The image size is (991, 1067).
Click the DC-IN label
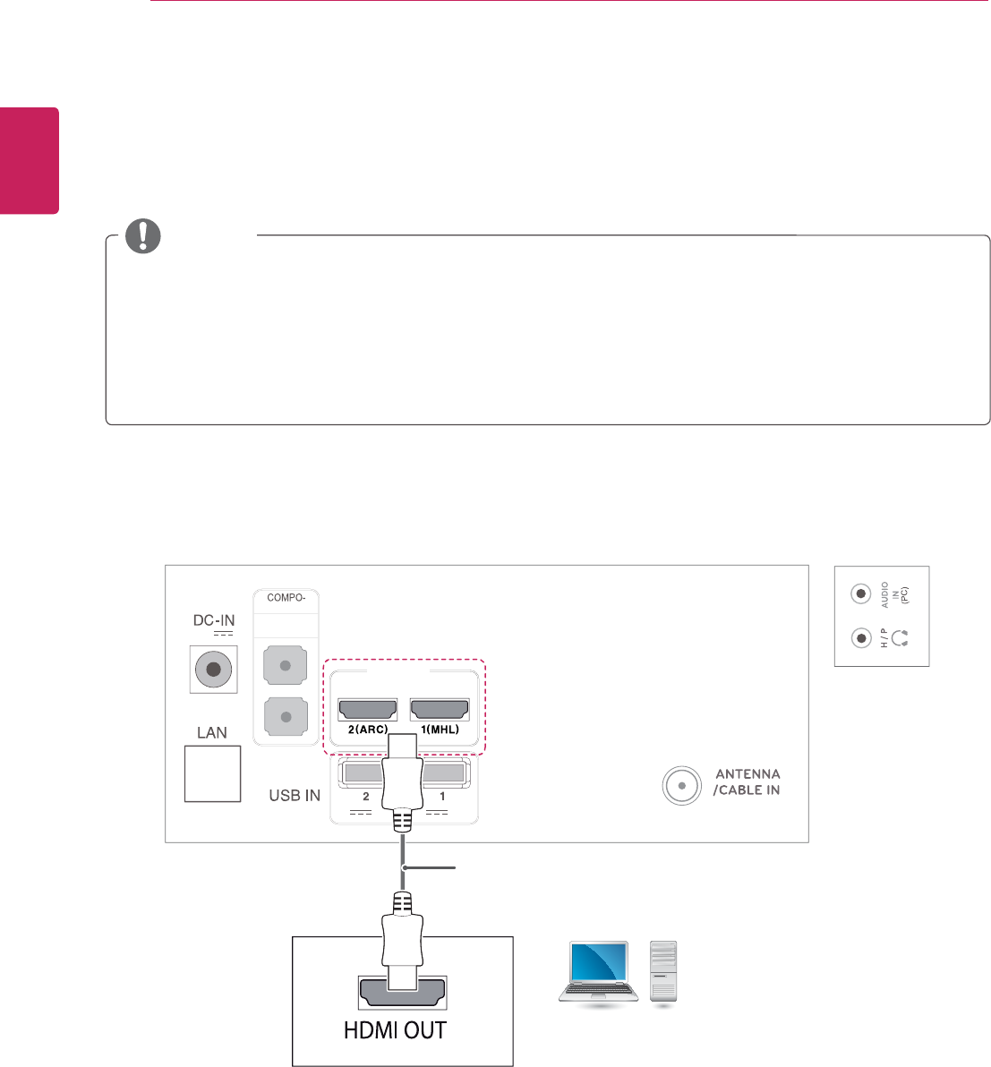tap(214, 620)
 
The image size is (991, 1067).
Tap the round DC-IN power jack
tap(213, 669)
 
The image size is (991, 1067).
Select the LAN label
tap(212, 732)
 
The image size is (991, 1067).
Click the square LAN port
tap(212, 774)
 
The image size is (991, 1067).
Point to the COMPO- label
tap(286, 598)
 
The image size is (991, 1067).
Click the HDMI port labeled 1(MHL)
tap(440, 709)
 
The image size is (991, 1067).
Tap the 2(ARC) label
tap(367, 730)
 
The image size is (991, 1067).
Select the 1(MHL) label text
tap(440, 730)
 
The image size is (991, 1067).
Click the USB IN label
tap(295, 795)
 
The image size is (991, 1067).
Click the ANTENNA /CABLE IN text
tap(747, 781)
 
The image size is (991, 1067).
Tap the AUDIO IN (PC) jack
tap(860, 593)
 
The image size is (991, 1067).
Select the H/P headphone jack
tap(860, 638)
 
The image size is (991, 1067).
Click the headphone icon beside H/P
tap(901, 638)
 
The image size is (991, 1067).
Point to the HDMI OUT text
tap(395, 1030)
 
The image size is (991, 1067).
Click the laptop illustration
tap(598, 973)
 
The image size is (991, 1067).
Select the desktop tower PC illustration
tap(663, 973)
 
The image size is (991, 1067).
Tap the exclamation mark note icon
tap(143, 235)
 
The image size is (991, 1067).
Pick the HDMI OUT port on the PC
tap(403, 992)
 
